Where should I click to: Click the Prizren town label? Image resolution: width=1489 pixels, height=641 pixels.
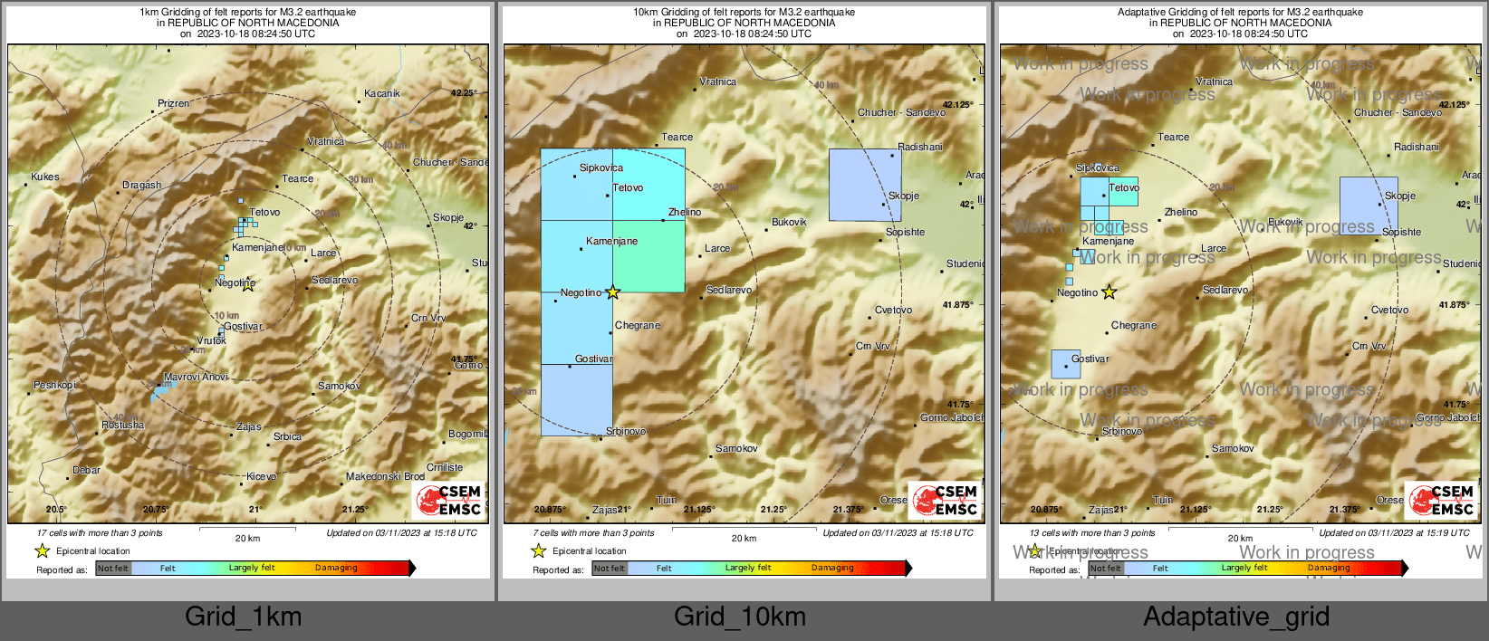point(174,103)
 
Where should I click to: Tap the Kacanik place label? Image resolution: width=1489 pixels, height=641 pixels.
point(381,93)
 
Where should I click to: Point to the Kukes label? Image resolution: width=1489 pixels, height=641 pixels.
point(44,177)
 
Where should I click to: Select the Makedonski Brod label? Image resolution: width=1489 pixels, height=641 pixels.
point(385,476)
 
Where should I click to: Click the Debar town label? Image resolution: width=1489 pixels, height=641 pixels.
point(86,470)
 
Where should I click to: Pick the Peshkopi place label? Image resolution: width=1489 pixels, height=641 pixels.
point(54,385)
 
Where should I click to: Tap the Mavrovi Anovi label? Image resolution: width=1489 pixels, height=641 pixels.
point(196,377)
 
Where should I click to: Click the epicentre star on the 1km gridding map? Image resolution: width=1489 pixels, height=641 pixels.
point(248,285)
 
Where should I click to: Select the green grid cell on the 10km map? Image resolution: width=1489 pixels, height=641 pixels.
point(648,256)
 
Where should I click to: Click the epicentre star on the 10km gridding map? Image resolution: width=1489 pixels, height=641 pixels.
point(613,292)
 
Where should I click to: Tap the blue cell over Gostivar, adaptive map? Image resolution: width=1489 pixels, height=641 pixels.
point(1065,364)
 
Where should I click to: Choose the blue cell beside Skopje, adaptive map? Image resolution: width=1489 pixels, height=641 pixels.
point(1369,206)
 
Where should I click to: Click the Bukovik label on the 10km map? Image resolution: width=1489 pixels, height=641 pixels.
point(789,222)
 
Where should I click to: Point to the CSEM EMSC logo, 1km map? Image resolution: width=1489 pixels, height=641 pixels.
point(448,501)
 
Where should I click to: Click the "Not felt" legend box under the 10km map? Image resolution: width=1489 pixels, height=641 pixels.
point(610,569)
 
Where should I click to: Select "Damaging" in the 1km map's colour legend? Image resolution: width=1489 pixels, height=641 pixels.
point(336,569)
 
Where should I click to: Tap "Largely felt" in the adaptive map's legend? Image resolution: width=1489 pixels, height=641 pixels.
point(1244,569)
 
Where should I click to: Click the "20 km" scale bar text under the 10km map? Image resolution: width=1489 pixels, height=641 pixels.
point(744,539)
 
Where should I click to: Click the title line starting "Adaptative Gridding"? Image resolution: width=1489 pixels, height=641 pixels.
point(1240,12)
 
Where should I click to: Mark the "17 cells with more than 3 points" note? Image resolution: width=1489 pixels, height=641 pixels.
point(100,533)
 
